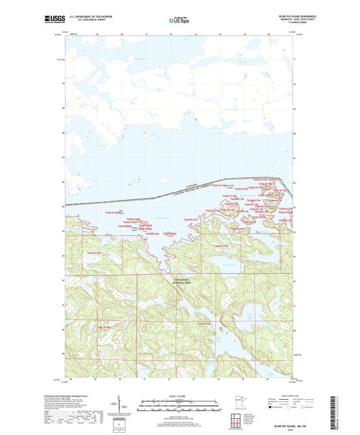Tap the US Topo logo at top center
pos(179,20)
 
